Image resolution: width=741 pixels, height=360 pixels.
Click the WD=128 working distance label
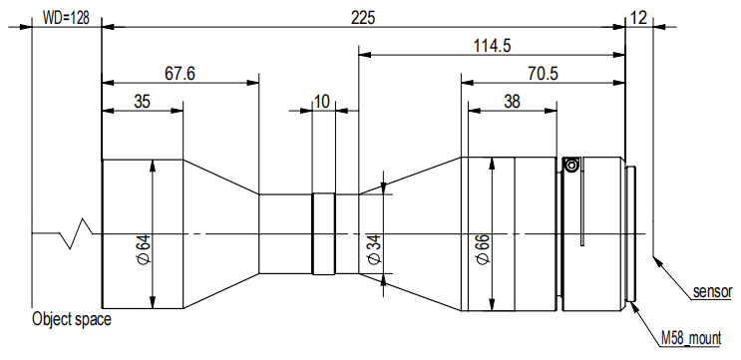click(x=66, y=18)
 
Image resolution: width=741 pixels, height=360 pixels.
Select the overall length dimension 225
click(x=363, y=18)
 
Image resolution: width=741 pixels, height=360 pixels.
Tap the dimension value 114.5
click(x=492, y=46)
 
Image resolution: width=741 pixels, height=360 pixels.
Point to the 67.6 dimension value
click(x=180, y=74)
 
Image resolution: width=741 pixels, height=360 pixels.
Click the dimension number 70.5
click(x=543, y=74)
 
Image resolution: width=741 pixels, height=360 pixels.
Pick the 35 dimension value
click(x=142, y=102)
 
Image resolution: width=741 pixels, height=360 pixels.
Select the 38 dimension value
click(x=512, y=102)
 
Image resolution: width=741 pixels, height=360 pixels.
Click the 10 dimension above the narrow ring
click(x=322, y=102)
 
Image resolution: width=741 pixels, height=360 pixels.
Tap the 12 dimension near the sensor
click(x=638, y=18)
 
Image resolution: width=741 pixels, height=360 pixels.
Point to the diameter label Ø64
click(x=145, y=248)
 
